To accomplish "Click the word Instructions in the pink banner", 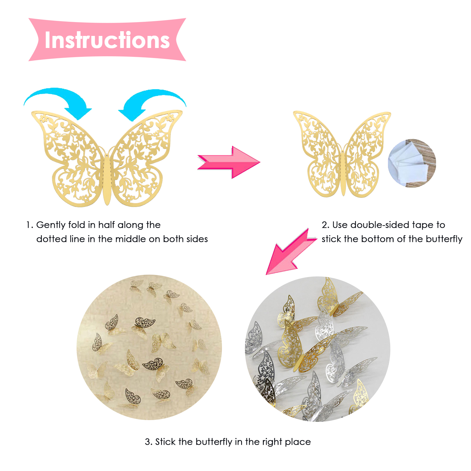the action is tap(107, 40).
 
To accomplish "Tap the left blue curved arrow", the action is tap(59, 99).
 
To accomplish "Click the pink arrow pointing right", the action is tap(229, 162).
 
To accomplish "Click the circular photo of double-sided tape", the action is tap(412, 163).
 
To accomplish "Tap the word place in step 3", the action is tap(298, 442).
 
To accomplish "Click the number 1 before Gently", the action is tap(28, 225).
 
